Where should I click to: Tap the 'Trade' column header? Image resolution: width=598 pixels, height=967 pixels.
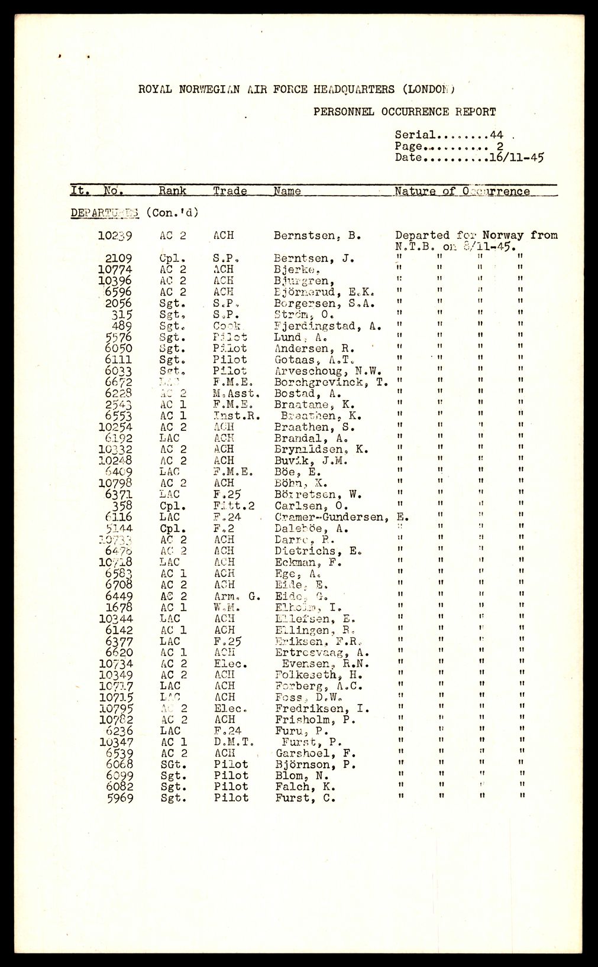(x=230, y=191)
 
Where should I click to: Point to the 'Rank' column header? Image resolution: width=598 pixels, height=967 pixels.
(x=172, y=191)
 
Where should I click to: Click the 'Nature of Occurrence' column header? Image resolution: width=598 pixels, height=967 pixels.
(x=462, y=191)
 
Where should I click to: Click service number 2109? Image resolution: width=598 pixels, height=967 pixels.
(x=118, y=258)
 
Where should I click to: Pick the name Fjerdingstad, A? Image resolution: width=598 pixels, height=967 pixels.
(x=328, y=326)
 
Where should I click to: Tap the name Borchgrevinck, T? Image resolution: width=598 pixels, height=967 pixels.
(x=331, y=382)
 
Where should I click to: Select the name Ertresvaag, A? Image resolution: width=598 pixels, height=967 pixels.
(x=322, y=653)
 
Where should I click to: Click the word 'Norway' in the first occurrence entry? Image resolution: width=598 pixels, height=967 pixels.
(x=503, y=235)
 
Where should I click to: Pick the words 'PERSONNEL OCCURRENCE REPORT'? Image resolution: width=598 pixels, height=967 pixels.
(x=404, y=112)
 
